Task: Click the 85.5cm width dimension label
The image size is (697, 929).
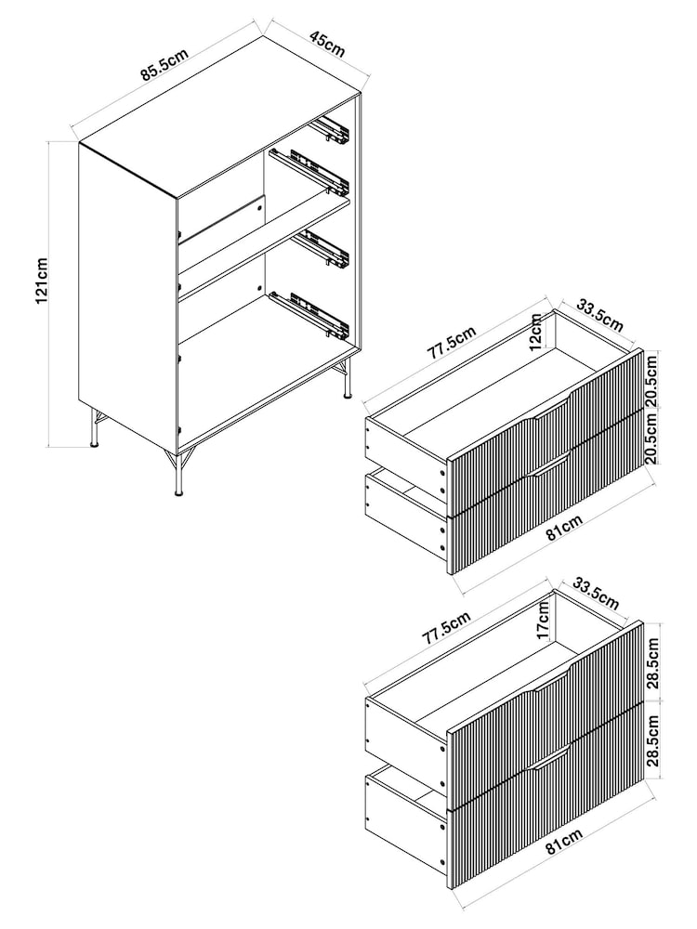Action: pyautogui.click(x=164, y=65)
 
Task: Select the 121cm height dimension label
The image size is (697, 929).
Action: pyautogui.click(x=42, y=281)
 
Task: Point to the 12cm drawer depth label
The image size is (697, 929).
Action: pyautogui.click(x=536, y=332)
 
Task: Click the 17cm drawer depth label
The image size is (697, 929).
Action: pyautogui.click(x=543, y=621)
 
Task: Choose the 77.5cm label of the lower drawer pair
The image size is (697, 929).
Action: pyautogui.click(x=446, y=628)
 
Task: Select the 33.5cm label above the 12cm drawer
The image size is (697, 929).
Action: pyautogui.click(x=599, y=315)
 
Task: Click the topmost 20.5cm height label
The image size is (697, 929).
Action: pyautogui.click(x=651, y=379)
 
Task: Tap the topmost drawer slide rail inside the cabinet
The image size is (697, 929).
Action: pyautogui.click(x=331, y=132)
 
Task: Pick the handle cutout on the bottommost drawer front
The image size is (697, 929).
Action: pyautogui.click(x=550, y=755)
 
